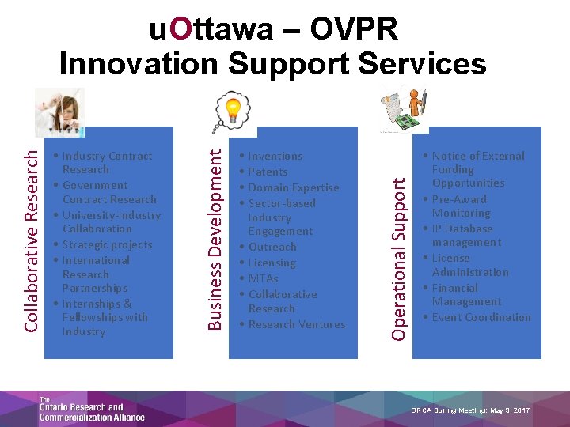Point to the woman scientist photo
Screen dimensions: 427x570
[59, 112]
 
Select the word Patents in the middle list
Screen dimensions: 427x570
[268, 172]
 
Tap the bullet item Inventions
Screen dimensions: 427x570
[275, 156]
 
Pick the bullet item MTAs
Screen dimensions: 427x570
[264, 278]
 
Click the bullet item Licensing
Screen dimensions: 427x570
[272, 263]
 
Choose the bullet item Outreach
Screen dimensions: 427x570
[272, 247]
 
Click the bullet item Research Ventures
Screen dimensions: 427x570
[296, 324]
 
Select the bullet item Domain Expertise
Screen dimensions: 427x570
[293, 187]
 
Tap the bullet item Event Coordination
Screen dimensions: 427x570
[481, 317]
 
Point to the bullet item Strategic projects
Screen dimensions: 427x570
[107, 244]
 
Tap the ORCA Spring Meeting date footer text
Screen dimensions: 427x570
[470, 410]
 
